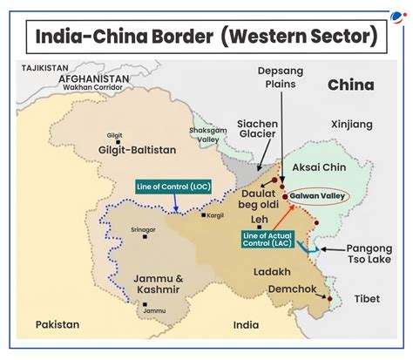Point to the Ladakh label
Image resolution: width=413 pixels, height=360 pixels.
(272, 272)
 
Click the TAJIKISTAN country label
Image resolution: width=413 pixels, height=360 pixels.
(44, 67)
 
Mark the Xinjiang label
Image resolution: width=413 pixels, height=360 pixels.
(351, 126)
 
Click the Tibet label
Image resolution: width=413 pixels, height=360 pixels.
(367, 299)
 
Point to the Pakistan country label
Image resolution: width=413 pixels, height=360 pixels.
(57, 324)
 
